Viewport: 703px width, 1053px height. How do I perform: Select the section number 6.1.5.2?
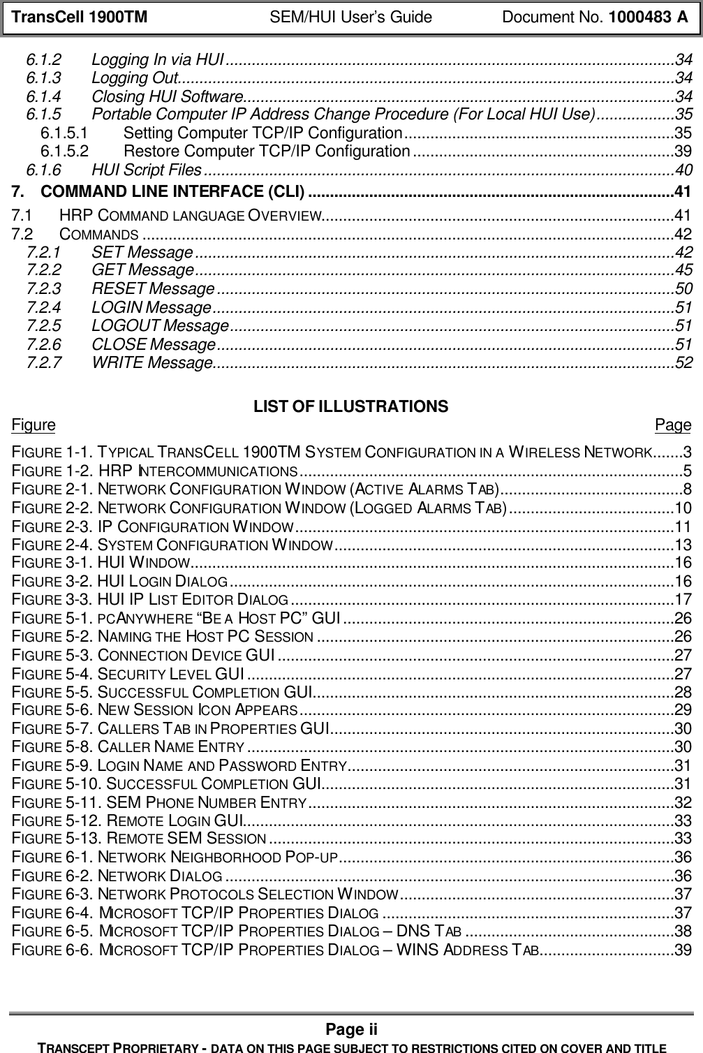point(64,151)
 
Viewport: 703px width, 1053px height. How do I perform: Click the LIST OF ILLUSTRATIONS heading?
point(350,406)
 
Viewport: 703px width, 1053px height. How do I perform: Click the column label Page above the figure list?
point(673,425)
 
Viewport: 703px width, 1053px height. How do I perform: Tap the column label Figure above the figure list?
point(34,425)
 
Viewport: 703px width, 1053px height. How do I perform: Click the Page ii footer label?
point(351,1029)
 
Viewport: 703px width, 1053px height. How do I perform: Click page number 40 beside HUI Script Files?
point(684,170)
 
